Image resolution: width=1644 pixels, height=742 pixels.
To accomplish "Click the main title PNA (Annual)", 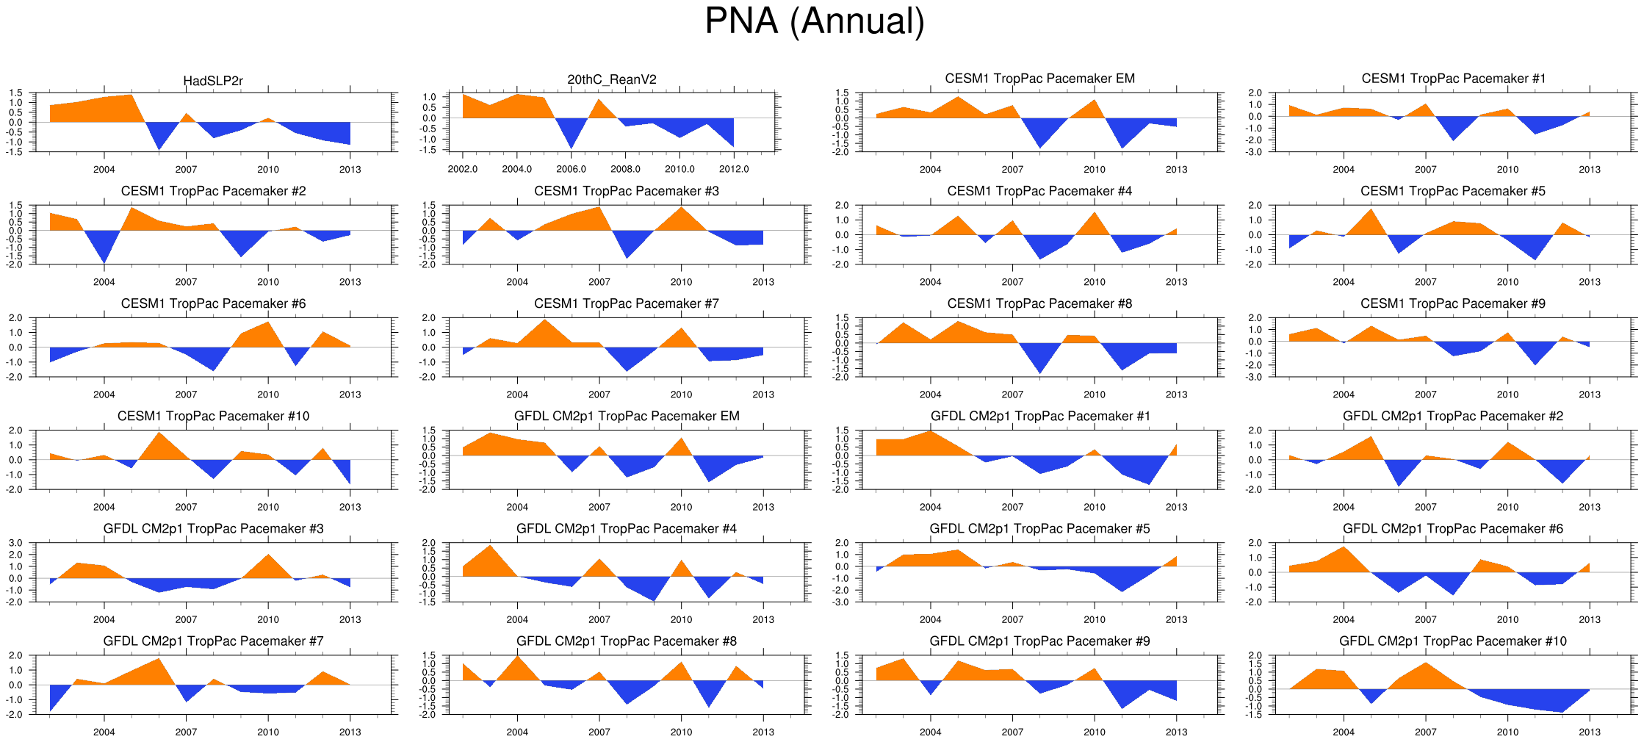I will [814, 21].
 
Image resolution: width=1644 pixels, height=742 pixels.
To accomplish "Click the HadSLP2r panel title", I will [213, 81].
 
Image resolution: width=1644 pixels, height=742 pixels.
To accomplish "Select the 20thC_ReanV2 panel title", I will [612, 79].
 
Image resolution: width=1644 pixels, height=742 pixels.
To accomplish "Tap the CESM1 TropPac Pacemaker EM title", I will [1039, 79].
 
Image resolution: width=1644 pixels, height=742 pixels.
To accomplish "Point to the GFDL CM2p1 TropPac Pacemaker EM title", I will [627, 416].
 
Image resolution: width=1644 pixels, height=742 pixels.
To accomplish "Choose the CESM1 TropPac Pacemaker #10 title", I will [213, 416].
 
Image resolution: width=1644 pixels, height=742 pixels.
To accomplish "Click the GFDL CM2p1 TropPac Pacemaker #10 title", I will [1452, 641].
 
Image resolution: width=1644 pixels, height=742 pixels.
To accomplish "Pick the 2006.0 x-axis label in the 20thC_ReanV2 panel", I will [572, 169].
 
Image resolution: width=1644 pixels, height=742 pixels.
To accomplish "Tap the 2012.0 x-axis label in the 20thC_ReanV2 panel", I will [734, 169].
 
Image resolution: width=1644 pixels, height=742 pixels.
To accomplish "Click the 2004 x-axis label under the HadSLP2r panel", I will [104, 170].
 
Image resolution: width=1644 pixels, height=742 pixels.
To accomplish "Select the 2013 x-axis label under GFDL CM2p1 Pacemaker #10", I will [1589, 732].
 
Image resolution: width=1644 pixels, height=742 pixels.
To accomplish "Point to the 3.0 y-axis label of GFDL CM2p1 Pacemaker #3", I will [16, 543].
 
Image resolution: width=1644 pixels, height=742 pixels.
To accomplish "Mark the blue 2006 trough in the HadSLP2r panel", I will [159, 140].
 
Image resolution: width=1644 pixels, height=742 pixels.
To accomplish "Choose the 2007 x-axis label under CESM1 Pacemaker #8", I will [1012, 395].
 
